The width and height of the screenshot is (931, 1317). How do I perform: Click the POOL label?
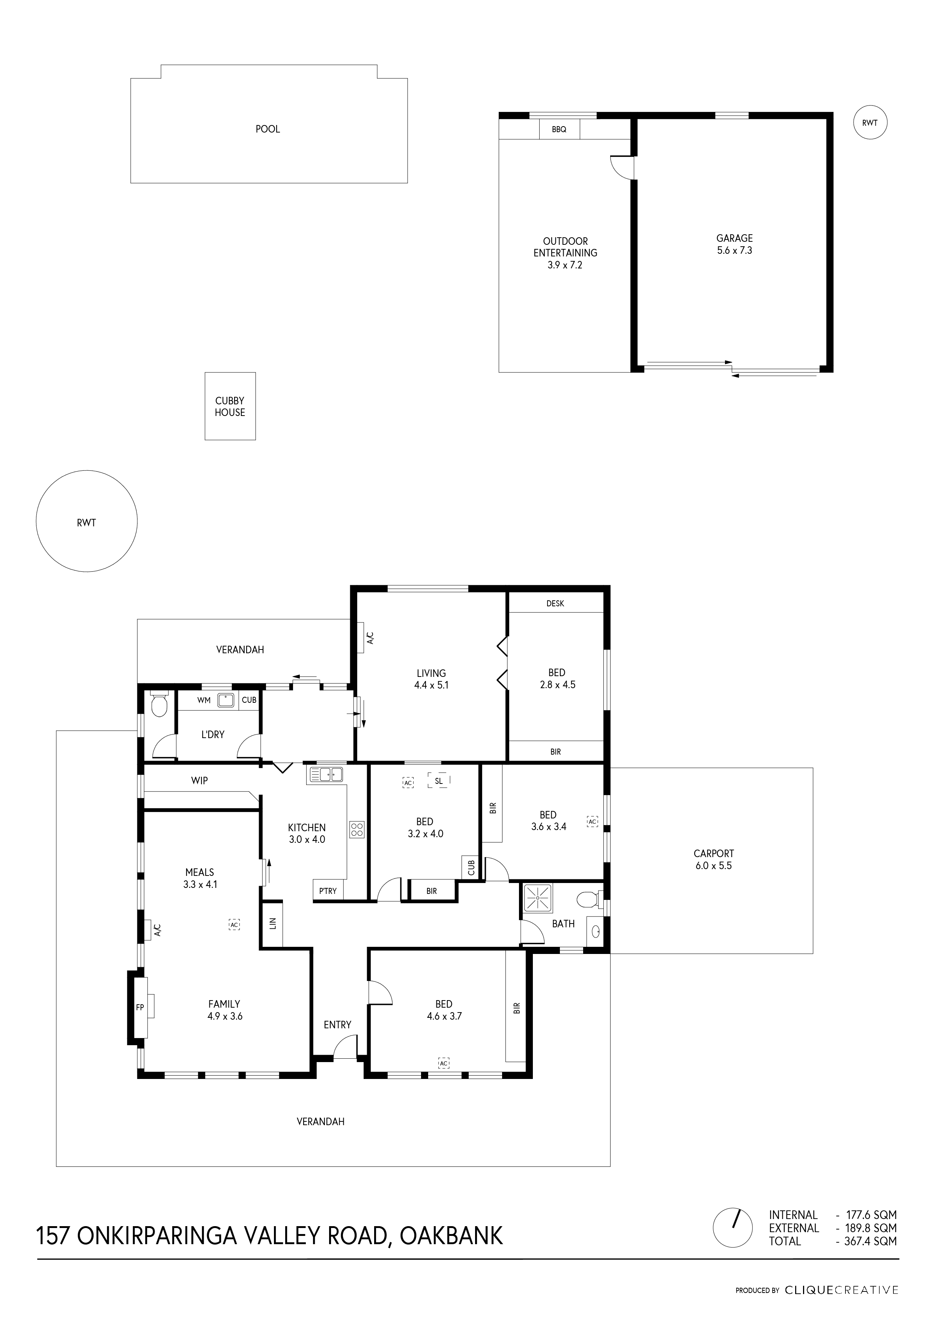tap(268, 129)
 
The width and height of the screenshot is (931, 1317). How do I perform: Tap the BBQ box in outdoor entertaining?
tap(560, 129)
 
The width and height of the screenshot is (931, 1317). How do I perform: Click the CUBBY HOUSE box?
tap(230, 406)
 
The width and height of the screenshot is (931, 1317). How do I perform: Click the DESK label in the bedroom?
tap(555, 603)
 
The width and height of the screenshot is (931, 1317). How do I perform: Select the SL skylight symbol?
tap(439, 781)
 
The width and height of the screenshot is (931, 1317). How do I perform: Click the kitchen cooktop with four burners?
tap(356, 829)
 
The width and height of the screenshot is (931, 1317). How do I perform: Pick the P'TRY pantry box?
tap(328, 891)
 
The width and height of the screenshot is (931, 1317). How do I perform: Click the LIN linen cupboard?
tap(272, 924)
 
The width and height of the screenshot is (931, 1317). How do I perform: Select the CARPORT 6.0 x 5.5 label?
tap(714, 859)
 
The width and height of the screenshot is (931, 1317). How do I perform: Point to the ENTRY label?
tap(338, 1025)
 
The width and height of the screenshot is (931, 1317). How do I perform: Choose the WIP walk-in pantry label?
tap(200, 780)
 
